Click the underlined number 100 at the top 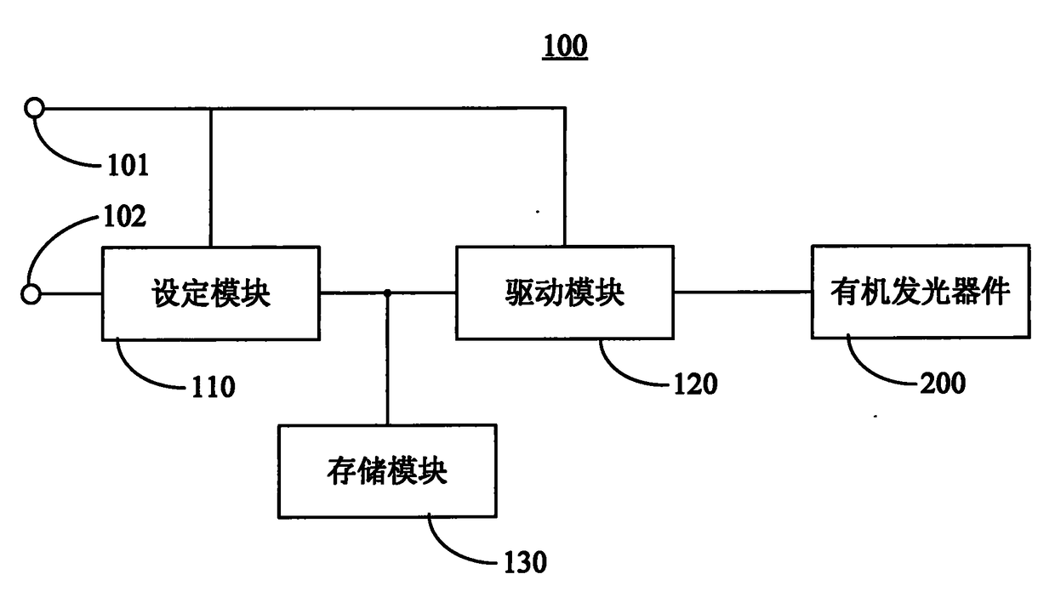click(565, 46)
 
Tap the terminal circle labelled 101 click(34, 108)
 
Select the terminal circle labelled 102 click(31, 294)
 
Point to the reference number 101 click(128, 165)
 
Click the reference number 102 click(124, 217)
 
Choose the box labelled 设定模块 click(211, 293)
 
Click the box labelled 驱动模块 click(565, 292)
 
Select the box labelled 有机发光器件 click(921, 291)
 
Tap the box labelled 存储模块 click(387, 471)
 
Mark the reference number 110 click(213, 388)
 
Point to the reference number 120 click(696, 384)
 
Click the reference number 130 click(525, 562)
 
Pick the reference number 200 click(943, 383)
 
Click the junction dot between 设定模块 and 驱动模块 click(387, 293)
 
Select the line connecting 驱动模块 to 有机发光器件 click(743, 292)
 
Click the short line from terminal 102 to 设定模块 click(71, 294)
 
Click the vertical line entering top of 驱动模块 click(565, 177)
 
